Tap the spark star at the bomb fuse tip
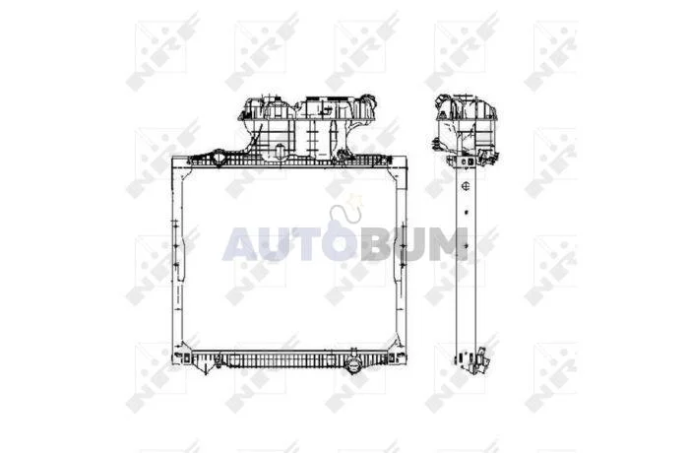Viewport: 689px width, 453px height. tap(354, 201)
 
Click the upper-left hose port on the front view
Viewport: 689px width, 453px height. tap(219, 157)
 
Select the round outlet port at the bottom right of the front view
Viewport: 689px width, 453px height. tap(352, 364)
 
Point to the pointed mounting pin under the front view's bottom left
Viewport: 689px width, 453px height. tap(206, 368)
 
